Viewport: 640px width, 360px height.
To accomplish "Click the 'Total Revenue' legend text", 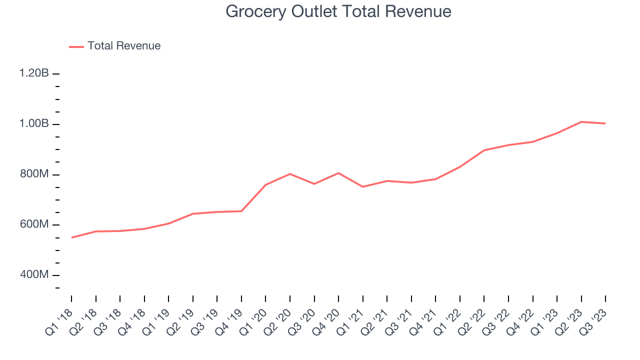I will tap(124, 46).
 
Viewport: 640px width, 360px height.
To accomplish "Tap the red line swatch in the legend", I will tap(76, 46).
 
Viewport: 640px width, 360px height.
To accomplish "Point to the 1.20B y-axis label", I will tap(34, 73).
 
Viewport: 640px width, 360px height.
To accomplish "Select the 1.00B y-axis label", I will tap(34, 124).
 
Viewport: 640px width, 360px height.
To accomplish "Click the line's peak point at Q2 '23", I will tap(581, 121).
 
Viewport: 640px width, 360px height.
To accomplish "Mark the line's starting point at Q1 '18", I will tap(71, 237).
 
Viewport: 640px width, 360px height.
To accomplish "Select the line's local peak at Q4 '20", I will tap(338, 173).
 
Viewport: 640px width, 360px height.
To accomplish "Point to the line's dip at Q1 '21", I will tap(363, 186).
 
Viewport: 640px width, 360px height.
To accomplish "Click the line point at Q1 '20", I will tap(265, 184).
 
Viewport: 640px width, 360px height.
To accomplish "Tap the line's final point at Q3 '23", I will tap(605, 123).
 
